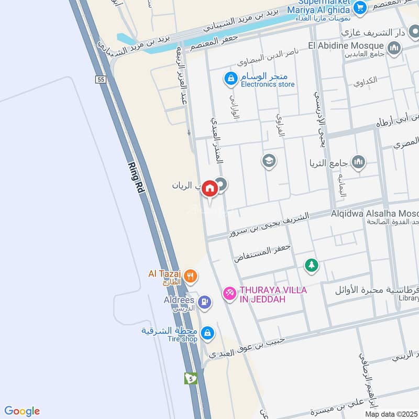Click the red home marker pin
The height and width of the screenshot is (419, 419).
(210, 189)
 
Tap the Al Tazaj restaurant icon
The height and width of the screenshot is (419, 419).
(191, 274)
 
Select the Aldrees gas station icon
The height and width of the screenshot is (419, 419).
(205, 301)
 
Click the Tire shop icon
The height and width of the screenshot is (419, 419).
(207, 332)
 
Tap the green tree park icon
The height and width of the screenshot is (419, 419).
(312, 266)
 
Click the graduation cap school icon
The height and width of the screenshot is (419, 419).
(269, 160)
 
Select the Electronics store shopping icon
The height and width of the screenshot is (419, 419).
(229, 79)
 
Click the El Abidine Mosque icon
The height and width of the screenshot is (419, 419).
(394, 49)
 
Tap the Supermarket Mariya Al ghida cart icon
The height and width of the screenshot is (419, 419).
(359, 7)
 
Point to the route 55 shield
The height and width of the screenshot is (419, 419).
(101, 79)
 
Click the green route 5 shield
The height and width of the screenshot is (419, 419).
(190, 378)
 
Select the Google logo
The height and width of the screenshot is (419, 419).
(22, 411)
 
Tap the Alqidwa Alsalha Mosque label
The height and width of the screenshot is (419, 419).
(374, 214)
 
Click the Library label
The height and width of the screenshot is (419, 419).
(409, 298)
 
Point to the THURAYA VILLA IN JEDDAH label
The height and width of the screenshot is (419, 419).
(273, 294)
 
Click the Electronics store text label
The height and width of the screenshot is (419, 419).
(268, 84)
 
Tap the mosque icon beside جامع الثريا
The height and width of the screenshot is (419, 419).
(359, 162)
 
